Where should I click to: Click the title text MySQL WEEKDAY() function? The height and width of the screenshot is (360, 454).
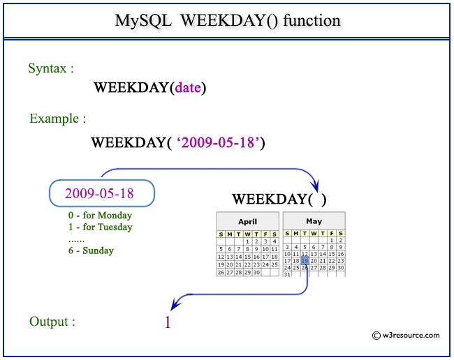[x=227, y=20]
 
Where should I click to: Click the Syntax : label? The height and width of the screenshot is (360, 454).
[x=51, y=68]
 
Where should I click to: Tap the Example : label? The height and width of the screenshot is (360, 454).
[x=57, y=119]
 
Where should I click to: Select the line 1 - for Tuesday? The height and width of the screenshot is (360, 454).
[x=96, y=227]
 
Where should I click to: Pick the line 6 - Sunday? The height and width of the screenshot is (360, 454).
[x=87, y=250]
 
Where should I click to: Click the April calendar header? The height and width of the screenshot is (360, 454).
[x=248, y=221]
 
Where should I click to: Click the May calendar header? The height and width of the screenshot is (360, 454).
[x=314, y=221]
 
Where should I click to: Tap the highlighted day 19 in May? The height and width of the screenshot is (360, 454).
[x=305, y=260]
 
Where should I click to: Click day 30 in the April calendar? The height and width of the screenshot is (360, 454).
[x=256, y=273]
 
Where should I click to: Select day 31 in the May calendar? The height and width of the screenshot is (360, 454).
[x=287, y=275]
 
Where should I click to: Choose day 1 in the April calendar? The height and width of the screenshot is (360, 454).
[x=247, y=241]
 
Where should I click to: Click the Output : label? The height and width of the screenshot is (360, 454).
[x=52, y=322]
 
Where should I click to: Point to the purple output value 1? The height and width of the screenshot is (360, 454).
[x=167, y=322]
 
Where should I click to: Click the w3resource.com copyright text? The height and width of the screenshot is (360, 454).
[x=406, y=336]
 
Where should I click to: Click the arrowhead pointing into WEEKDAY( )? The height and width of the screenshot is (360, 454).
[x=316, y=186]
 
